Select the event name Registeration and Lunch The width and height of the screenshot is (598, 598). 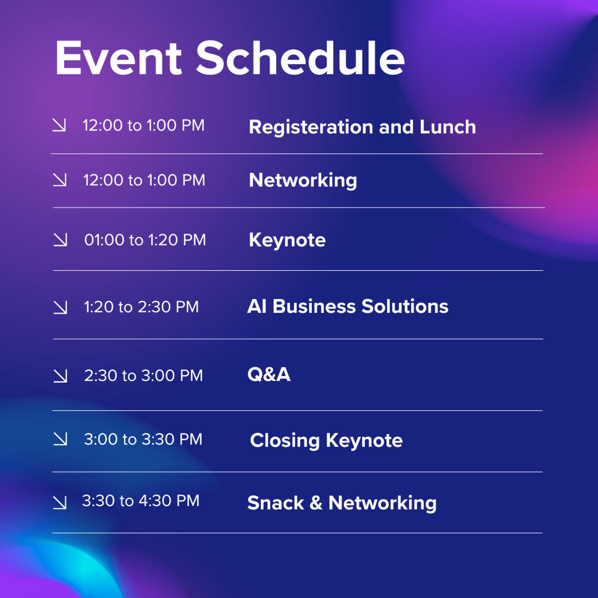(x=362, y=127)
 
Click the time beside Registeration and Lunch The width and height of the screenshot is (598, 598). (x=144, y=125)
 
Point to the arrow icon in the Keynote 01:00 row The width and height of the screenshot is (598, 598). (x=60, y=240)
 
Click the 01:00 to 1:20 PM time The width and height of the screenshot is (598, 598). (x=145, y=240)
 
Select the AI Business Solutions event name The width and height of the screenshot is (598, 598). (x=348, y=306)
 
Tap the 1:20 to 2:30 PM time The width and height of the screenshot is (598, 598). (x=141, y=307)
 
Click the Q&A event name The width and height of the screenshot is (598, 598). (x=269, y=374)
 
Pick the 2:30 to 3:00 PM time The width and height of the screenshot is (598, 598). (x=144, y=375)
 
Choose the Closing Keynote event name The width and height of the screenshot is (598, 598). (x=326, y=440)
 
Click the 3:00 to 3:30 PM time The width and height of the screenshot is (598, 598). (x=143, y=439)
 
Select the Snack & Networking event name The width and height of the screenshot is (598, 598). (x=342, y=503)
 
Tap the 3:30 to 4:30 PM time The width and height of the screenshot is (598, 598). (x=141, y=501)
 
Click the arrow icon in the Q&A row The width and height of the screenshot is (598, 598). (x=60, y=376)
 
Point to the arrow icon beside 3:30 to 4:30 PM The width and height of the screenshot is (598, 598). (x=60, y=502)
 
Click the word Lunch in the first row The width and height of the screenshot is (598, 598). (x=447, y=127)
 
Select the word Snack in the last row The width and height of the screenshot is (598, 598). (x=275, y=503)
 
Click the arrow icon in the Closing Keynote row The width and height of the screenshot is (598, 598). (x=60, y=439)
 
